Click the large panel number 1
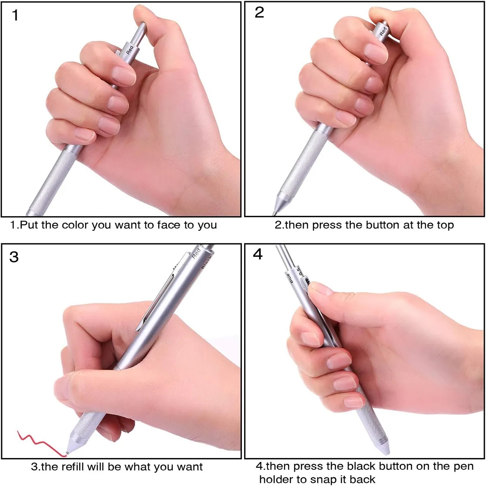[x=15, y=16]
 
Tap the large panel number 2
[x=259, y=12]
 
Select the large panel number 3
[x=14, y=257]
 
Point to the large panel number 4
[x=258, y=254]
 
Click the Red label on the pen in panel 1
[x=130, y=50]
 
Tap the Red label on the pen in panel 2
[x=383, y=31]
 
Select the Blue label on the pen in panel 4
[x=290, y=279]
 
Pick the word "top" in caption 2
[x=445, y=225]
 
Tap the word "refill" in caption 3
[x=76, y=467]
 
